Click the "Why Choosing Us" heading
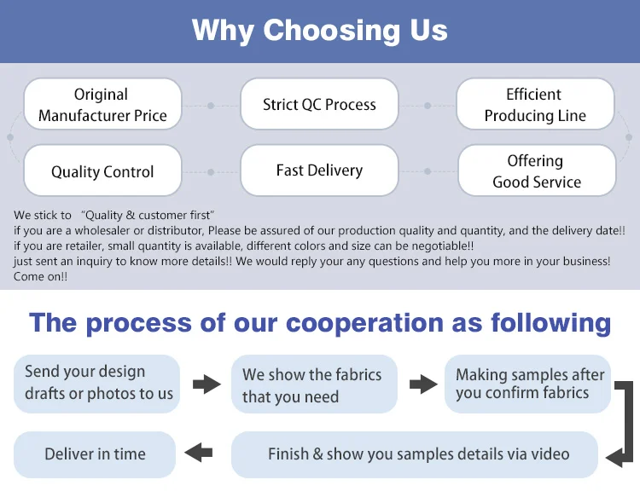coord(319,31)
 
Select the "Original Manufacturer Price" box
coord(102,105)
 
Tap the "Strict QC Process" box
coord(319,105)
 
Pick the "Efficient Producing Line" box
coord(535,105)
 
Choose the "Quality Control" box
coord(102,171)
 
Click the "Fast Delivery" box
coord(319,170)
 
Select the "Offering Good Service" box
coord(536,170)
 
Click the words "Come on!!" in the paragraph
coord(40,277)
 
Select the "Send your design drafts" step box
coord(97,384)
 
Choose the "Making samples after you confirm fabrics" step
coord(529,384)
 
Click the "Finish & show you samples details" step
coord(418,454)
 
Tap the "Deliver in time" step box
coord(95,454)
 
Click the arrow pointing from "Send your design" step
coord(206,384)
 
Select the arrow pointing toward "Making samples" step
coord(423,384)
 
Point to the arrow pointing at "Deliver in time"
coord(199,452)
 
